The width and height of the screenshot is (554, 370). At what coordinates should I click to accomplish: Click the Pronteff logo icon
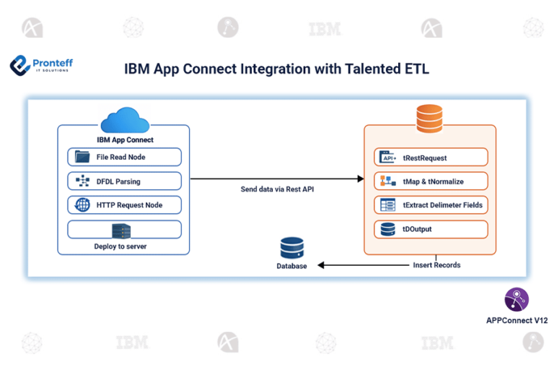[x=21, y=66]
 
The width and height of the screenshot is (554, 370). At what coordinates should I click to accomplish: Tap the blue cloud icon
[x=124, y=120]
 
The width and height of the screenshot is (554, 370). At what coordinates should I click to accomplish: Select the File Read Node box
[x=124, y=157]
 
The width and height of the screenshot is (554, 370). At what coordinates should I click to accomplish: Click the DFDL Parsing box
[x=124, y=181]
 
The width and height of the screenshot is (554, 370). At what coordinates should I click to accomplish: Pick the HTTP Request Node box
[x=124, y=205]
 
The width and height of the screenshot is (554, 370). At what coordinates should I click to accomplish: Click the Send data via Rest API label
[x=277, y=189]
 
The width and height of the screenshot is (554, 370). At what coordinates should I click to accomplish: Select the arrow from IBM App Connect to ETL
[x=276, y=178]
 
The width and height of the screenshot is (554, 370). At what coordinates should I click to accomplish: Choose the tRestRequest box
[x=431, y=158]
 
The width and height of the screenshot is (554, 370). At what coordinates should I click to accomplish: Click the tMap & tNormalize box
[x=431, y=181]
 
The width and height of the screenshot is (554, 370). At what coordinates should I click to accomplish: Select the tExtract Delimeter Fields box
[x=431, y=205]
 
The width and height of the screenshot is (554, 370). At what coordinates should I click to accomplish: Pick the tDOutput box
[x=431, y=229]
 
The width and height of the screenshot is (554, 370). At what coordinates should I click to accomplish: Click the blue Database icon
[x=291, y=249]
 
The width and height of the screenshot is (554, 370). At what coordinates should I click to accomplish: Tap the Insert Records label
[x=436, y=265]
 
